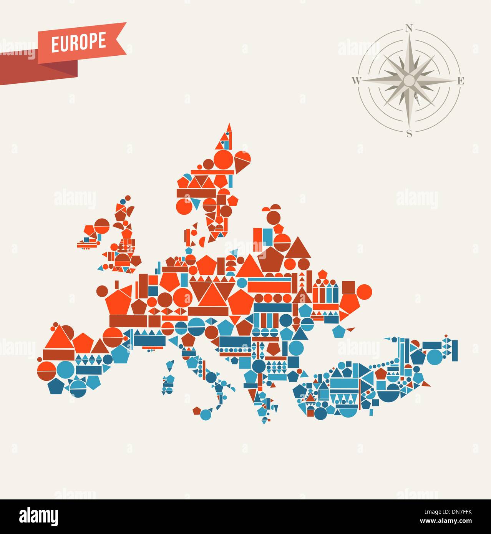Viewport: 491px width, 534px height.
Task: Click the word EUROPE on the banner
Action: click(x=78, y=42)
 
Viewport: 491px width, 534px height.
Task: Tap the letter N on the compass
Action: click(x=409, y=28)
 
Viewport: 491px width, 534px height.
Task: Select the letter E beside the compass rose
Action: click(x=461, y=81)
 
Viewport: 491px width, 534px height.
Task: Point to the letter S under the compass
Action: click(x=409, y=133)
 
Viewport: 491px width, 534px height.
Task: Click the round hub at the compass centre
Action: click(x=409, y=80)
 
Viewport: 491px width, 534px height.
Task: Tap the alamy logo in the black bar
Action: click(x=39, y=516)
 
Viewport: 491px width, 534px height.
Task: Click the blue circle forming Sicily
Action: click(x=206, y=415)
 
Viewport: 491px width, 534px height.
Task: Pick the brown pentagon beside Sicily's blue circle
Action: click(x=197, y=410)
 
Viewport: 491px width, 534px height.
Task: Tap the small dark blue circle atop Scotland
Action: click(x=123, y=201)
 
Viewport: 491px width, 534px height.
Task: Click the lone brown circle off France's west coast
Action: click(x=103, y=290)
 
